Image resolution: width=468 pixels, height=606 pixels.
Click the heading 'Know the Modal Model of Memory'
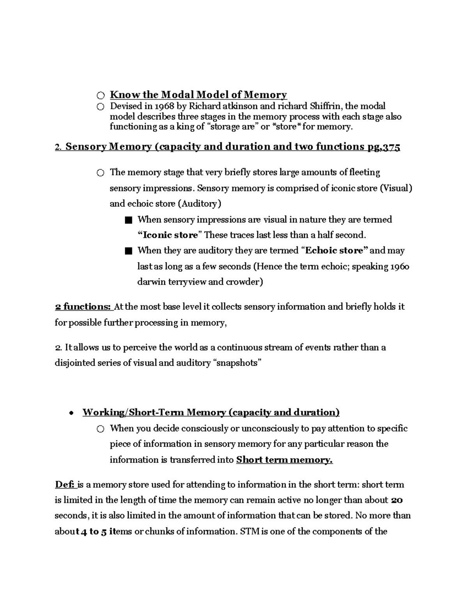click(198, 95)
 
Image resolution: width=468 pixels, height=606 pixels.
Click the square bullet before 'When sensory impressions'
click(129, 220)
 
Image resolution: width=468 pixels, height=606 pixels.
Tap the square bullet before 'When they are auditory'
click(129, 251)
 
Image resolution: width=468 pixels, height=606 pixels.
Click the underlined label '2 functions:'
click(83, 307)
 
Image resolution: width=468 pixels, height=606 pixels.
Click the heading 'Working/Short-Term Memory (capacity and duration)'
click(211, 412)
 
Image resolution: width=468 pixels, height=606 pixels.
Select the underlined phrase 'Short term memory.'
click(284, 460)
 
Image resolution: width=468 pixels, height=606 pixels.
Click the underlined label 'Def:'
click(66, 485)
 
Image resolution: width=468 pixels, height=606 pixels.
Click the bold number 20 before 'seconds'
click(397, 500)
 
